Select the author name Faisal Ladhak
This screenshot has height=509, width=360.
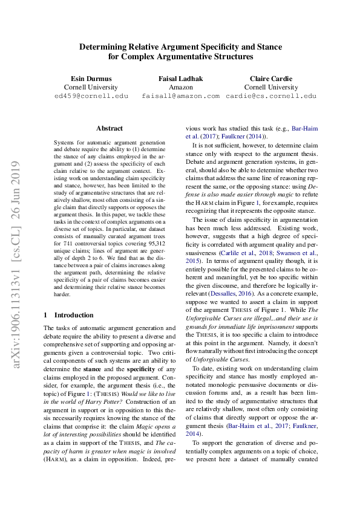click(180, 78)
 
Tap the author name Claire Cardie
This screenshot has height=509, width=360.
click(270, 78)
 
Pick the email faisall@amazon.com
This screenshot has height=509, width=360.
click(180, 96)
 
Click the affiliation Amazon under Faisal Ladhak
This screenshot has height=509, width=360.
click(180, 87)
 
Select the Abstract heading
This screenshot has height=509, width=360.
click(110, 128)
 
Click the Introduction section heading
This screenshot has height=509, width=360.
click(74, 315)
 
